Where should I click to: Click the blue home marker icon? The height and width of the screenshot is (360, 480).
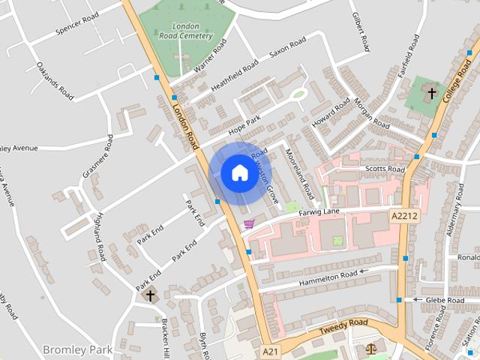[239, 173]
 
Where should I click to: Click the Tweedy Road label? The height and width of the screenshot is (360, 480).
[343, 325]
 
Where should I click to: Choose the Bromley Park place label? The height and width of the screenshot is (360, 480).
[77, 349]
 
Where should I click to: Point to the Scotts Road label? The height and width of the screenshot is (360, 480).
[385, 169]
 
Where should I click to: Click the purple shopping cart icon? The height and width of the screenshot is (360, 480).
[249, 223]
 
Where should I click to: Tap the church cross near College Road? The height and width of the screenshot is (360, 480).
[431, 93]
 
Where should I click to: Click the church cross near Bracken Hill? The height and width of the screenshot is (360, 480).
[150, 295]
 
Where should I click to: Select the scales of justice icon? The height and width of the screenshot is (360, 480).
[370, 349]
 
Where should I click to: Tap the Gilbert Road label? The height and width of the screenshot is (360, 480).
[362, 32]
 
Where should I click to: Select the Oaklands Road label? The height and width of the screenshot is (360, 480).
[55, 80]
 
